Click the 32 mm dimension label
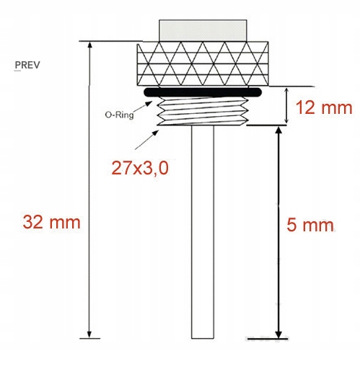coord(51,221)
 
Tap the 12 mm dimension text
coord(324,108)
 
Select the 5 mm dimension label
coord(310,225)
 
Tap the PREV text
coord(27,65)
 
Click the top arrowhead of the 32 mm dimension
coord(89,46)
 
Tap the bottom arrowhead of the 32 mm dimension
coord(89,333)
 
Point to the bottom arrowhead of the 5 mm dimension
coord(278,333)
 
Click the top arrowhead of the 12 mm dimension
coord(287,92)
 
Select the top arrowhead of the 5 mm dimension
coord(278,130)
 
